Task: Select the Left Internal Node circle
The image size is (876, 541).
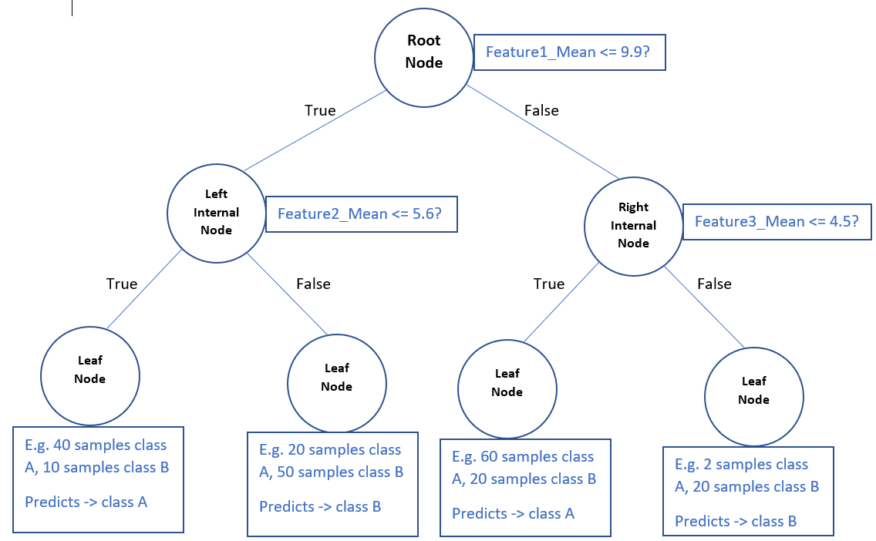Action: click(x=216, y=213)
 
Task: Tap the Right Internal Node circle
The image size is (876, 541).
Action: click(x=633, y=225)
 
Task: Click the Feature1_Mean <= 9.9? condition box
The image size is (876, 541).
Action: click(x=569, y=52)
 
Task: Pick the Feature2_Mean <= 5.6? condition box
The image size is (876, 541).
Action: click(x=361, y=213)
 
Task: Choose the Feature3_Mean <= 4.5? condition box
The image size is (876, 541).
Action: click(x=777, y=222)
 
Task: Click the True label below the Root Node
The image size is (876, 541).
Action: click(x=320, y=110)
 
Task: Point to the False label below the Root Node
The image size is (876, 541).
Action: click(x=541, y=110)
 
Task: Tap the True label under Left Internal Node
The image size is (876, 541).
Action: click(x=122, y=284)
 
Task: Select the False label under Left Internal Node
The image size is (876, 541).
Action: click(x=313, y=284)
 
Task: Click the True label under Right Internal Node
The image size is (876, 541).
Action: click(x=548, y=284)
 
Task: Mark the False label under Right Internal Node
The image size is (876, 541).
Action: click(x=714, y=284)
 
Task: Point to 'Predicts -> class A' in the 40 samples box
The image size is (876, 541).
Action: click(x=86, y=502)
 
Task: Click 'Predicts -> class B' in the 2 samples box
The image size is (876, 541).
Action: click(x=736, y=522)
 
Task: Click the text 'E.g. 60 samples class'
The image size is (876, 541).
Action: click(x=523, y=457)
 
